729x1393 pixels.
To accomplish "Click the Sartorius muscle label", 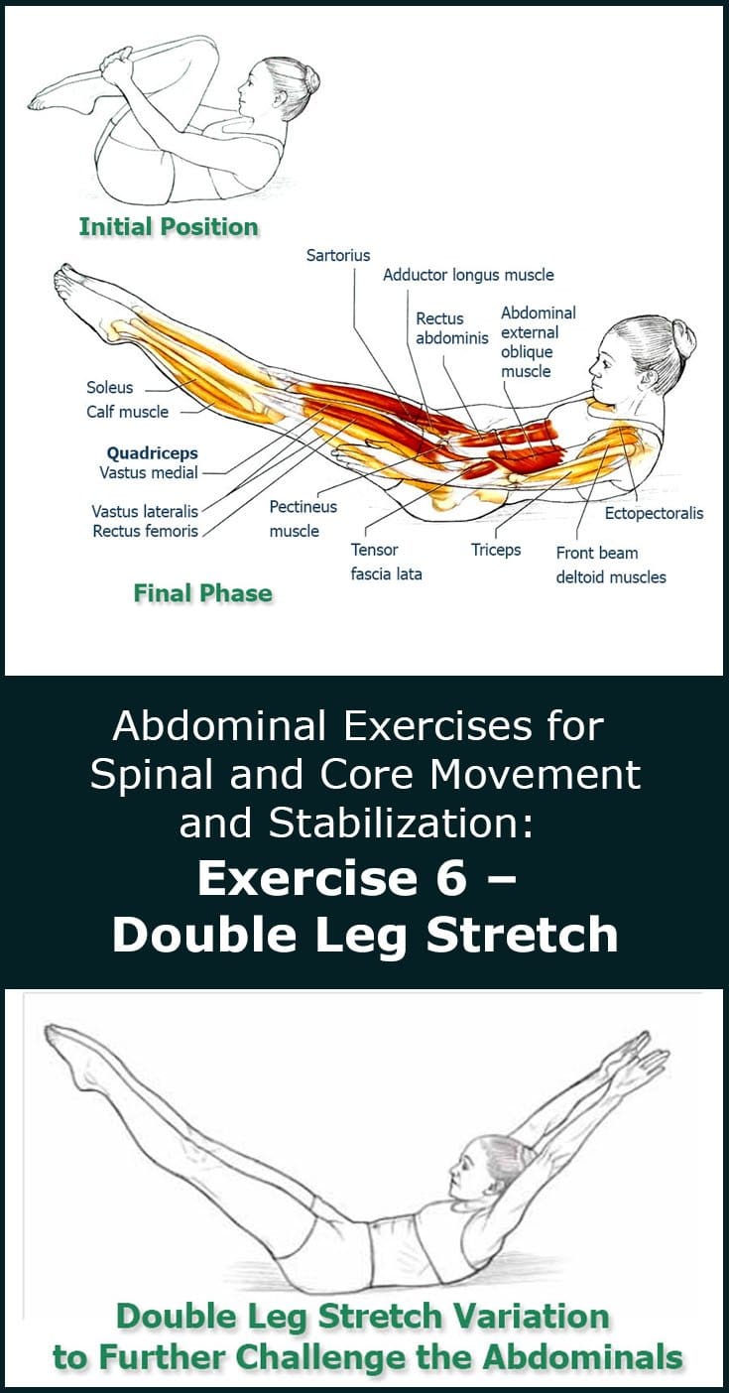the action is coord(338,256).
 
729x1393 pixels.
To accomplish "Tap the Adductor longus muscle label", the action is coord(468,275).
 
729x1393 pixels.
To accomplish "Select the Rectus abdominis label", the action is coord(452,328).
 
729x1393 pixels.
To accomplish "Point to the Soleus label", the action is coord(110,387).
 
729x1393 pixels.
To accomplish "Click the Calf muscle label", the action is coord(127,412).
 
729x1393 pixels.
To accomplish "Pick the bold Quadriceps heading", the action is coord(153,453).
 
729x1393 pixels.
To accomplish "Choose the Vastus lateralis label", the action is coord(145,511).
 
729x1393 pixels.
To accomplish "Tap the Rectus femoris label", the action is coord(146,531).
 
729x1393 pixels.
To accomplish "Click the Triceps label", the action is coord(495,551).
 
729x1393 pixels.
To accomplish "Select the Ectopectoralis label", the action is coord(654,513).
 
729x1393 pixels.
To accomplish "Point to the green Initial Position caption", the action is coord(169,226).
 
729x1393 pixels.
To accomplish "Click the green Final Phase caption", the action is coord(202,592).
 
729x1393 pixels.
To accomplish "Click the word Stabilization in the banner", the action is coord(401,823).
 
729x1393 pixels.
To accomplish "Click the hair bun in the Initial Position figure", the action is coord(311,79).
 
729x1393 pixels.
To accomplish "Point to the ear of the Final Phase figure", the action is coord(650,377).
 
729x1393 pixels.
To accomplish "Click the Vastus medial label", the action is coord(149,472).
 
